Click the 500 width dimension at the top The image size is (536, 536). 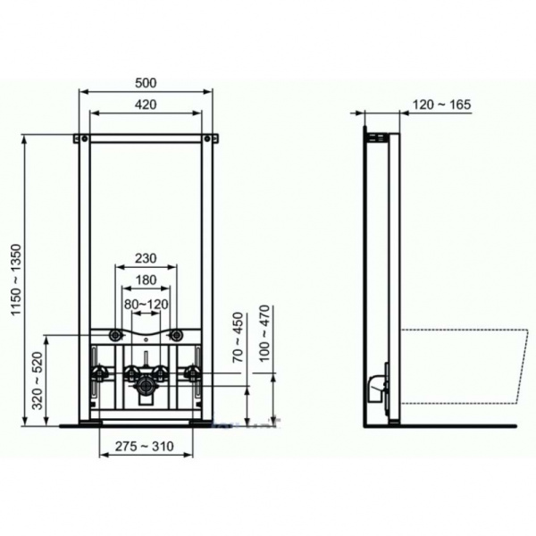pyautogui.click(x=147, y=82)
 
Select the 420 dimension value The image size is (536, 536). pyautogui.click(x=147, y=105)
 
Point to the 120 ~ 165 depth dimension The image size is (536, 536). pyautogui.click(x=441, y=105)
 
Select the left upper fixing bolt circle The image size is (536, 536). pyautogui.click(x=116, y=335)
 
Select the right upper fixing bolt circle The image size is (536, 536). pyautogui.click(x=177, y=335)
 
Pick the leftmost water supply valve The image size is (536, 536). pyautogui.click(x=97, y=373)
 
